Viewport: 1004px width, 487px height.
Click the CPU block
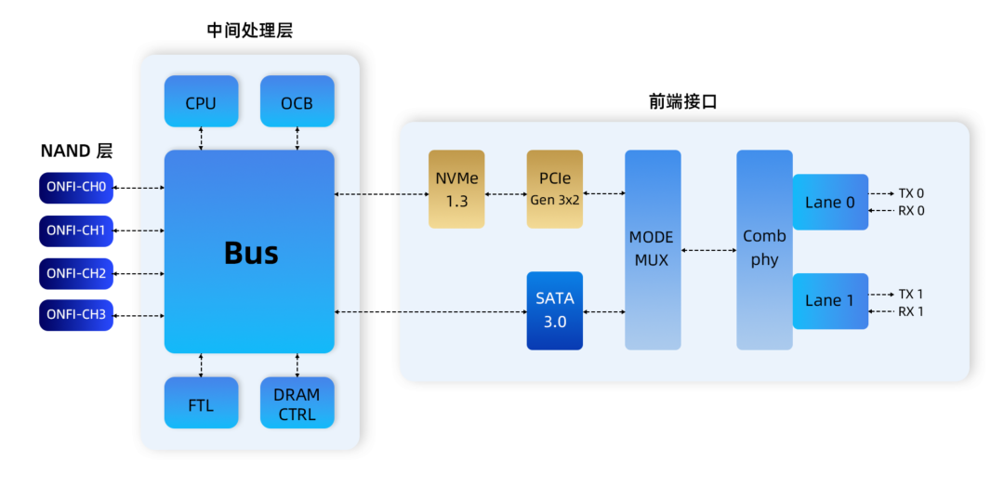(x=201, y=101)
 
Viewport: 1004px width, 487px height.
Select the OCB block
(x=297, y=101)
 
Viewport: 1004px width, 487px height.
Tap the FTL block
(x=201, y=403)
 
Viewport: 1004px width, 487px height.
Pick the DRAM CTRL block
(x=297, y=403)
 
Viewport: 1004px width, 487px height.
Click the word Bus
(x=251, y=252)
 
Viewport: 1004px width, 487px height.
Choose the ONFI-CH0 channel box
(x=76, y=187)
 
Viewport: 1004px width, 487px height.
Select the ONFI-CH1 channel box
(x=76, y=230)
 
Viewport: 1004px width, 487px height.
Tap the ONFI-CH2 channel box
(x=76, y=273)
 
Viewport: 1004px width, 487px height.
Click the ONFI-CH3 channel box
(x=76, y=316)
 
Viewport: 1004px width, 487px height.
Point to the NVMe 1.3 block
(x=456, y=189)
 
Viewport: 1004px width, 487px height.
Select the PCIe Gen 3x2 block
(x=555, y=189)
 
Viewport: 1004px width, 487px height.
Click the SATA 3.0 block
(x=555, y=310)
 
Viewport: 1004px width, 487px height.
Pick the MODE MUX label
(x=652, y=249)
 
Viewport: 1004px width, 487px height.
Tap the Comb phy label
(x=764, y=248)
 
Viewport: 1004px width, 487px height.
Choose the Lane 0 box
(x=830, y=203)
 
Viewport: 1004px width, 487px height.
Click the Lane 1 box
(x=830, y=301)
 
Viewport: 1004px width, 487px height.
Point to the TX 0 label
(x=911, y=194)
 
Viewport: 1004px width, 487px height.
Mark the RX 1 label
(x=911, y=311)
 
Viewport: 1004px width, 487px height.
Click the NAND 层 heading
(x=76, y=151)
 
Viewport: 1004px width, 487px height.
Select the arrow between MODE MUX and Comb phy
(x=708, y=250)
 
